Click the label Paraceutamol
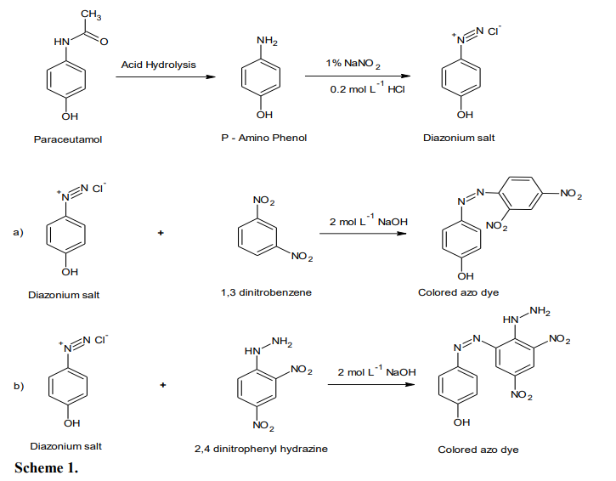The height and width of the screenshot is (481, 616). [x=68, y=139]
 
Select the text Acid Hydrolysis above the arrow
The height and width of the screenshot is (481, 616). [x=157, y=65]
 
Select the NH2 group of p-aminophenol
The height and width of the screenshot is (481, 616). [x=266, y=41]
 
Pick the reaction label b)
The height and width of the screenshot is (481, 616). [x=18, y=386]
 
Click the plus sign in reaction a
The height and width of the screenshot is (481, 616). [x=160, y=232]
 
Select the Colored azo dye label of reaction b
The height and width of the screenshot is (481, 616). [x=478, y=449]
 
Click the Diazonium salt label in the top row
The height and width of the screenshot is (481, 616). [x=459, y=139]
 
